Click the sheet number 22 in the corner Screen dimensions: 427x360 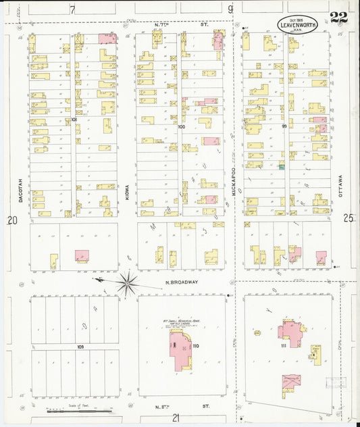pyautogui.click(x=339, y=19)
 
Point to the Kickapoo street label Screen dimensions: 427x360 pyautogui.click(x=232, y=182)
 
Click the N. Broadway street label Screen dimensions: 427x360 pyautogui.click(x=180, y=283)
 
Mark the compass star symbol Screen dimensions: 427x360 pyautogui.click(x=126, y=282)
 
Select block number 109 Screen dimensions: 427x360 pyautogui.click(x=80, y=345)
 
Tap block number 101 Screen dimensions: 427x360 pyautogui.click(x=73, y=120)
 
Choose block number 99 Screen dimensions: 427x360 pyautogui.click(x=284, y=126)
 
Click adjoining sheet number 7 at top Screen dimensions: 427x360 pyautogui.click(x=72, y=9)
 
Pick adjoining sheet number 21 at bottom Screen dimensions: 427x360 pyautogui.click(x=176, y=418)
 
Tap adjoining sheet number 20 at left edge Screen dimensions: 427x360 pyautogui.click(x=11, y=220)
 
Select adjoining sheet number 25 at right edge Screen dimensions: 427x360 pyautogui.click(x=348, y=218)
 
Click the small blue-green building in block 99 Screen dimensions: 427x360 pyautogui.click(x=281, y=166)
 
